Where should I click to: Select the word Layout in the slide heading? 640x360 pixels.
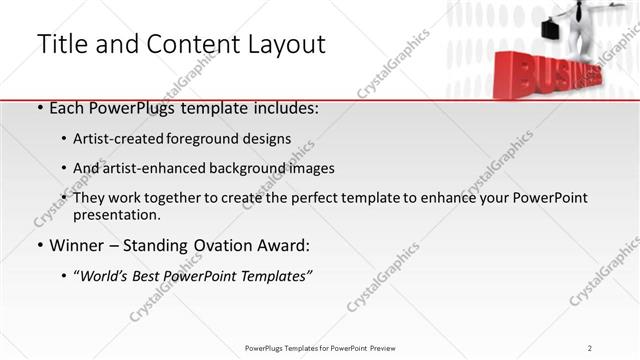pyautogui.click(x=284, y=44)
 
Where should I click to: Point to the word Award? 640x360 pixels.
pyautogui.click(x=287, y=246)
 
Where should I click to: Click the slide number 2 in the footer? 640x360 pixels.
pyautogui.click(x=590, y=347)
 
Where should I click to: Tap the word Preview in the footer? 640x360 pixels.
pyautogui.click(x=390, y=347)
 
